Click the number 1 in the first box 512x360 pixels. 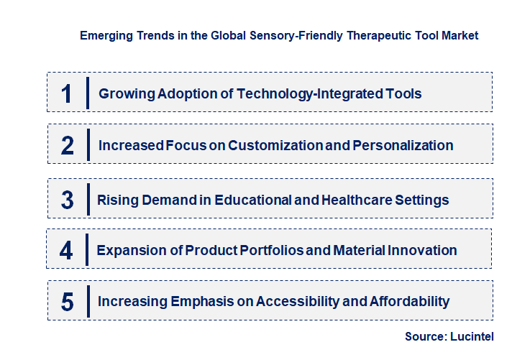pyautogui.click(x=66, y=94)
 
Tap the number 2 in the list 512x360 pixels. pyautogui.click(x=68, y=146)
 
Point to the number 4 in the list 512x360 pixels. pyautogui.click(x=66, y=251)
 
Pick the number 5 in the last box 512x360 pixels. pyautogui.click(x=67, y=302)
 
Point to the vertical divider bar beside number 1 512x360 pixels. pyautogui.click(x=87, y=93)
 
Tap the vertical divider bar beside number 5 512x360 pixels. pyautogui.click(x=87, y=301)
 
